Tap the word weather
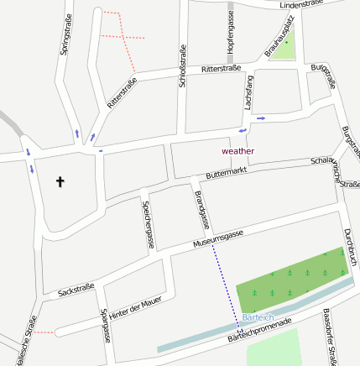click(237, 150)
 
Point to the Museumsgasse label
click(217, 238)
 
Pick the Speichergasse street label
click(149, 225)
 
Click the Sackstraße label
click(76, 290)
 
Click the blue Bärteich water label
click(257, 316)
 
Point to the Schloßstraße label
click(182, 65)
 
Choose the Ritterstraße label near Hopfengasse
click(222, 69)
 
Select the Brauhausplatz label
click(280, 39)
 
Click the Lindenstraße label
click(301, 5)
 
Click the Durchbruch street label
click(351, 247)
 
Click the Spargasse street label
click(106, 327)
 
